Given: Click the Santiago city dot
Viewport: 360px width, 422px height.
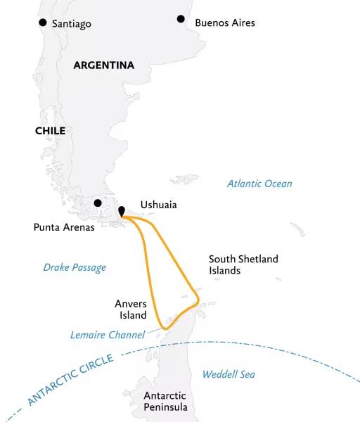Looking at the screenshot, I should point(44,23).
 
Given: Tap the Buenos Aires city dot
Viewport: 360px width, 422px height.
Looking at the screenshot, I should point(181,19).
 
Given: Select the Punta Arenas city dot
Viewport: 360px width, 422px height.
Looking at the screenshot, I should point(98,203).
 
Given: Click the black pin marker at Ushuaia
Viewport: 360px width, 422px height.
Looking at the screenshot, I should point(122,211).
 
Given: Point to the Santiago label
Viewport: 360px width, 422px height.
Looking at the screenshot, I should point(71,24).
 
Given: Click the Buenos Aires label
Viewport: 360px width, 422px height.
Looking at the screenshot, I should point(225,23).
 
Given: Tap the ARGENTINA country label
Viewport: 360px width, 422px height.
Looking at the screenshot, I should point(103,65).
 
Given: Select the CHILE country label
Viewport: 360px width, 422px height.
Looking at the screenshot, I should point(50,131).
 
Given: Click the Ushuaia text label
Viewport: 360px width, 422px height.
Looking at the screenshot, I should point(158,205).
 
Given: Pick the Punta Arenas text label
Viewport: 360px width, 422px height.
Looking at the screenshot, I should point(64,227).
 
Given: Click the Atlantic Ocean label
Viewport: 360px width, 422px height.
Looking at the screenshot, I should point(259,184).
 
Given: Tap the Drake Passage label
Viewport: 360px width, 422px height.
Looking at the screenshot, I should point(75,267).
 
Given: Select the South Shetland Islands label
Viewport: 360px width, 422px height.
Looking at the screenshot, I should point(243,264).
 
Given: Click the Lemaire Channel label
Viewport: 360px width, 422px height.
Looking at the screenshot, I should point(107,335).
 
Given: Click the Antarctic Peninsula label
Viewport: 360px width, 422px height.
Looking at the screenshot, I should point(166,402).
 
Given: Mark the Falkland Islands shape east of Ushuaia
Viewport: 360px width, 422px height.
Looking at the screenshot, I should point(185,179).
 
